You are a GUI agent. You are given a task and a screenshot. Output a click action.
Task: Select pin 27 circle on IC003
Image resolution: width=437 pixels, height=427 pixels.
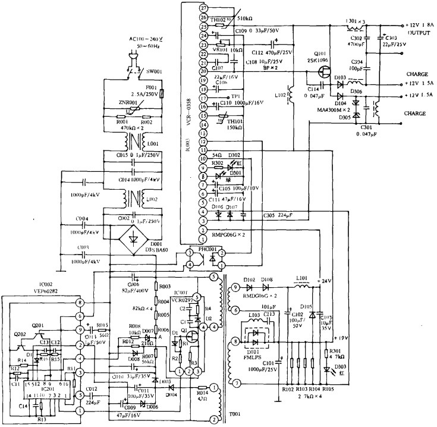[x=203, y=8]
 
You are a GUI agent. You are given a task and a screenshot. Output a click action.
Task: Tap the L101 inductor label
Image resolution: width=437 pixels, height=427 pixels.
[x=302, y=277]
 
